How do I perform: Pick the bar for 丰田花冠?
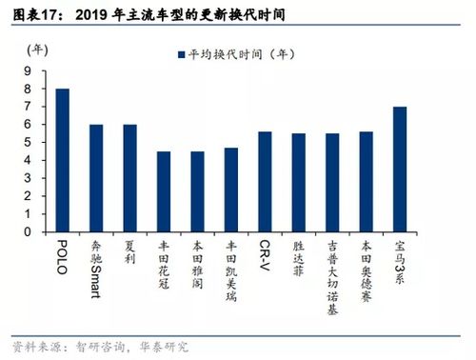[163, 191]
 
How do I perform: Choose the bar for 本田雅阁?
[197, 191]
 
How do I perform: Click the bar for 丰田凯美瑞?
[230, 190]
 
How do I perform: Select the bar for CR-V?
[265, 182]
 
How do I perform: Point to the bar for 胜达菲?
[298, 183]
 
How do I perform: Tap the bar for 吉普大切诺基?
[332, 183]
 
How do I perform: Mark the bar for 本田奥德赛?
[366, 182]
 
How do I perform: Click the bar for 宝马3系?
[399, 170]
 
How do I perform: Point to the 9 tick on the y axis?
[30, 70]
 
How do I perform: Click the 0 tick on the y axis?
[30, 231]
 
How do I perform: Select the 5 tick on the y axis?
[30, 142]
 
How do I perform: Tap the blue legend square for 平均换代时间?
[178, 54]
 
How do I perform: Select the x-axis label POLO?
[63, 257]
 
